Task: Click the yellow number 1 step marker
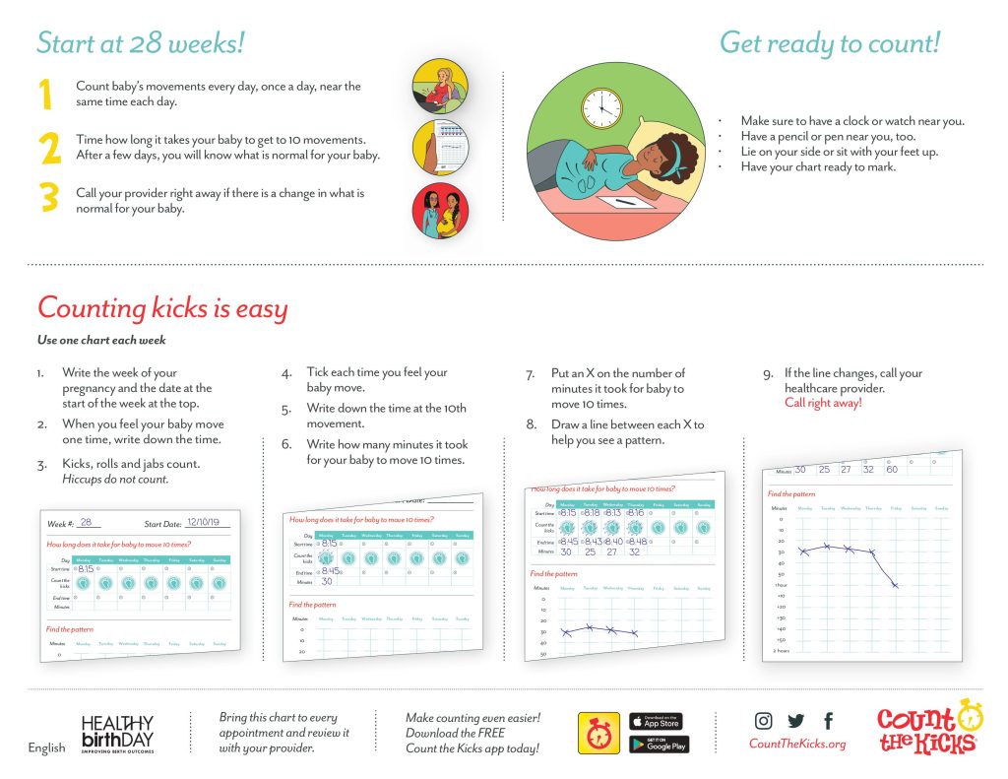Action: tap(45, 95)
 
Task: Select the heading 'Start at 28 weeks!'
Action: tap(140, 43)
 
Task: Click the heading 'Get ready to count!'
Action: tap(830, 43)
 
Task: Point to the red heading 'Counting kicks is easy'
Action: tap(162, 308)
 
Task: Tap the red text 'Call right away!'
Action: tap(823, 403)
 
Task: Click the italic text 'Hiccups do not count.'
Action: tap(115, 480)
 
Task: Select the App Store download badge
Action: tap(656, 721)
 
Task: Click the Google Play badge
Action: tap(656, 744)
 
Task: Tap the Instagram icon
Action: tap(764, 721)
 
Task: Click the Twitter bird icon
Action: tap(795, 721)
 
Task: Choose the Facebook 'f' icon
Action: tap(828, 721)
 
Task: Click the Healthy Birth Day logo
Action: tap(117, 734)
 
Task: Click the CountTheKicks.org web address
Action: tap(797, 745)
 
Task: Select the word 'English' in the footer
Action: tap(46, 748)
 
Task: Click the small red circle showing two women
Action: tap(439, 210)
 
